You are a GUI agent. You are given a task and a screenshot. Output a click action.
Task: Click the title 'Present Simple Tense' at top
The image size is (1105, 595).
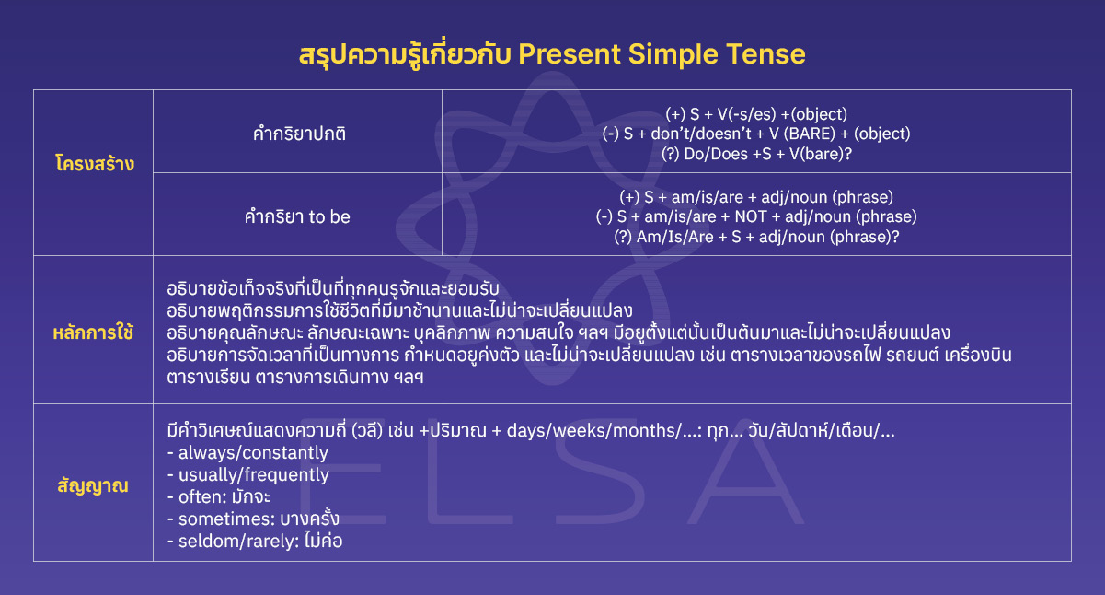[662, 54]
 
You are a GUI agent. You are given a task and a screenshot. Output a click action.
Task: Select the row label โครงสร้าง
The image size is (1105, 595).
[93, 165]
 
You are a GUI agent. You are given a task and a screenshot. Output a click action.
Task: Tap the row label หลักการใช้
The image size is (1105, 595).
[93, 331]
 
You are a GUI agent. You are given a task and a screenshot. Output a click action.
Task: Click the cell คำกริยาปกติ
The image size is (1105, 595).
[298, 134]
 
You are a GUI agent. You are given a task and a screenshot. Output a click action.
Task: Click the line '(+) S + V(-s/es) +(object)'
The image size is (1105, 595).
[756, 115]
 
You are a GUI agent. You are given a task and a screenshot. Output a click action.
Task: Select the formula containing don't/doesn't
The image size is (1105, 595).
[756, 134]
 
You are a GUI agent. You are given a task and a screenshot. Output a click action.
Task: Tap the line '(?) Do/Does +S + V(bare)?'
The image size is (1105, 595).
[756, 154]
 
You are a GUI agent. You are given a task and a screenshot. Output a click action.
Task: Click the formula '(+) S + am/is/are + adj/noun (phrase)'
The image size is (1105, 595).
[756, 197]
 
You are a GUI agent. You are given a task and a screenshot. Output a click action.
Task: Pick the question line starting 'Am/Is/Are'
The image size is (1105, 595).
[756, 237]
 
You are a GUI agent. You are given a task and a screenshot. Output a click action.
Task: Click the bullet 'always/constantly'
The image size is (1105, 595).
[247, 453]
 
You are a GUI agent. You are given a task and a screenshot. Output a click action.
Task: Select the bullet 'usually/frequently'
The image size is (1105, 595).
[247, 475]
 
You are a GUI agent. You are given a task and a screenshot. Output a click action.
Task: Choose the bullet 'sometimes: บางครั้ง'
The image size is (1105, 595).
[247, 519]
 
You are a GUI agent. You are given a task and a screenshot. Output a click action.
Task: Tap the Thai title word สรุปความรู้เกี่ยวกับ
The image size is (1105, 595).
[405, 54]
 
